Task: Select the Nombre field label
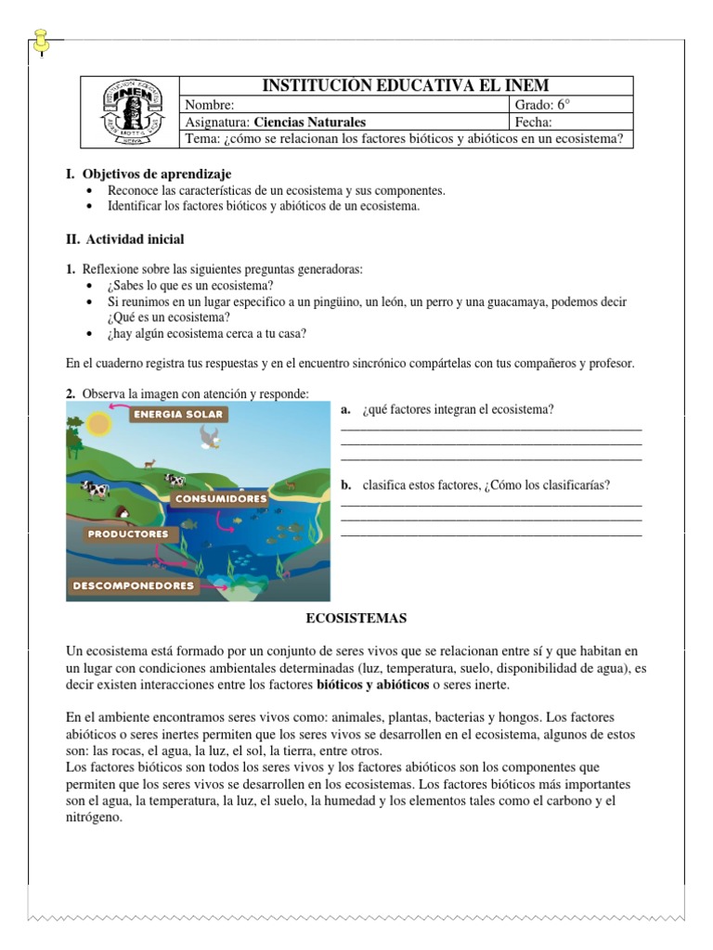click(x=204, y=105)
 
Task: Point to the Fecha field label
click(x=532, y=122)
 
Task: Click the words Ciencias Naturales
click(x=310, y=122)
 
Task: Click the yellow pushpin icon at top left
click(x=41, y=39)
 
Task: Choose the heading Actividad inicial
click(x=135, y=239)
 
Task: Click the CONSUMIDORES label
click(x=219, y=498)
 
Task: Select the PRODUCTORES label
click(x=127, y=533)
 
